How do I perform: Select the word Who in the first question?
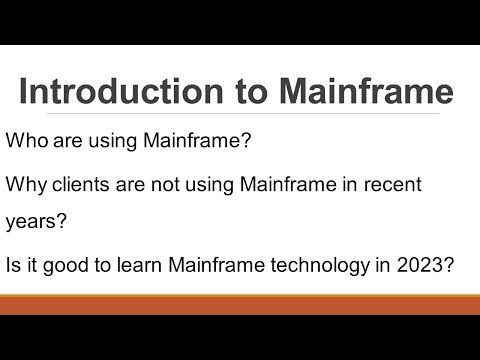[x=27, y=141]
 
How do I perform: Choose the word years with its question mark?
[x=37, y=223]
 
